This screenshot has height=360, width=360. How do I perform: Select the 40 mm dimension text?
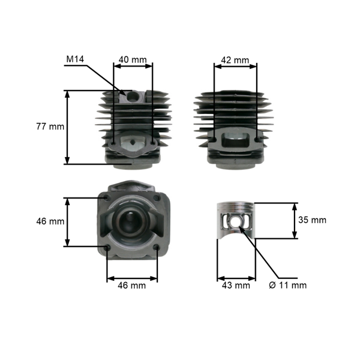[x=132, y=59]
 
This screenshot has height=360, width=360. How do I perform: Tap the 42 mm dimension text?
[x=235, y=60]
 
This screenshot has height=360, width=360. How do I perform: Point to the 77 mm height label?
[x=50, y=127]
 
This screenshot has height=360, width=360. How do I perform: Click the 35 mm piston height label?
[x=312, y=220]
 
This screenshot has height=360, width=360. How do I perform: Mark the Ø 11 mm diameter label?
[x=289, y=285]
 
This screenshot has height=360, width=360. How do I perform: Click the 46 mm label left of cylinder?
[x=50, y=221]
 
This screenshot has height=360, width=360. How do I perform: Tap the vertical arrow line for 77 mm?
[x=68, y=127]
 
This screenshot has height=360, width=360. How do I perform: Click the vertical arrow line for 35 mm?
[x=295, y=220]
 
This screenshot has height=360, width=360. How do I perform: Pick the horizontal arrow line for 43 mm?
[x=235, y=278]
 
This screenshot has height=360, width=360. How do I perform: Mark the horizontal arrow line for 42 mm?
[x=235, y=66]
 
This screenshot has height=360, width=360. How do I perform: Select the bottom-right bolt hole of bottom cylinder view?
[x=157, y=247]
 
